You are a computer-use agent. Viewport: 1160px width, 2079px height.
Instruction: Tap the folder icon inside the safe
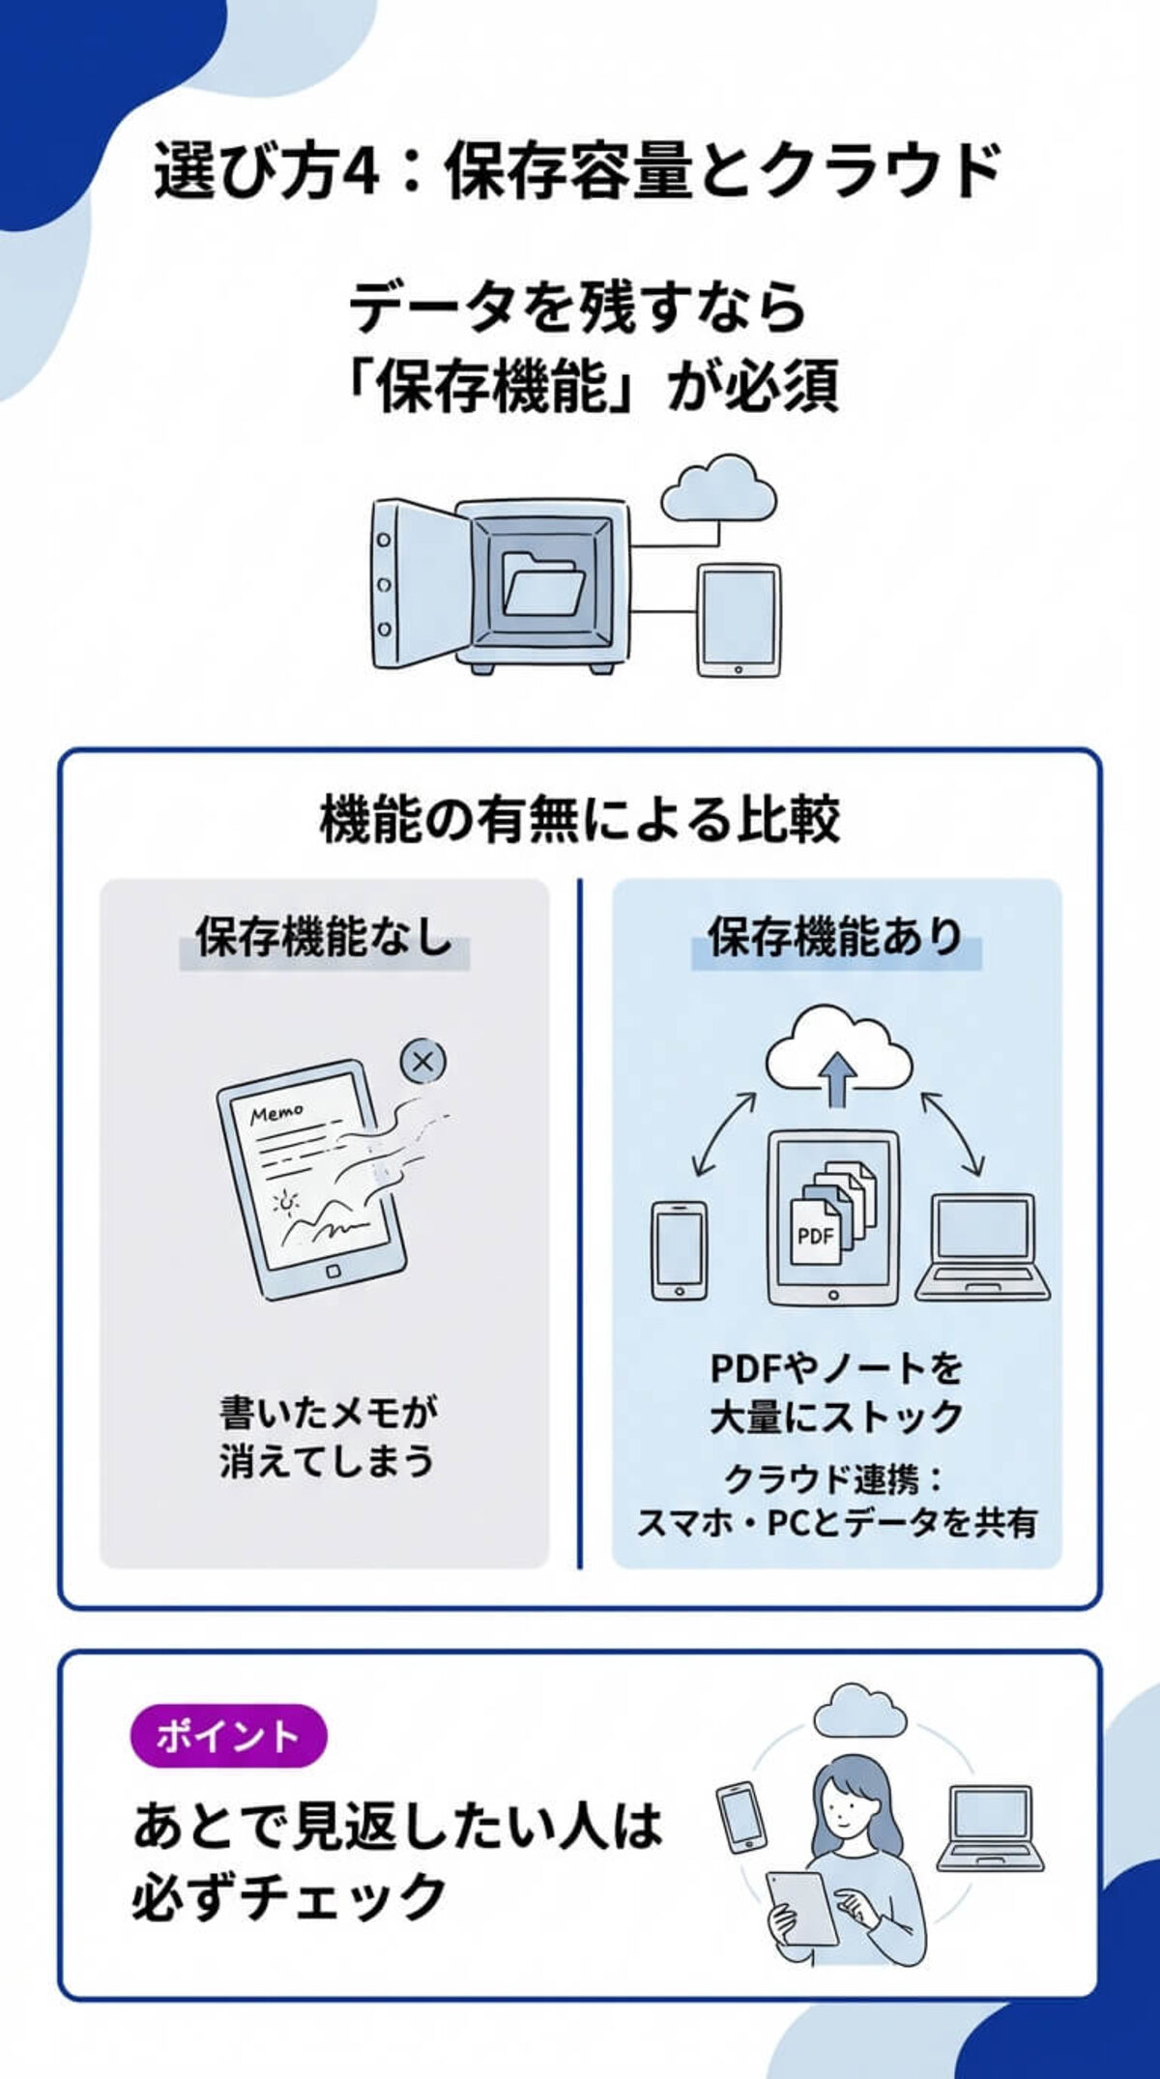[x=543, y=583]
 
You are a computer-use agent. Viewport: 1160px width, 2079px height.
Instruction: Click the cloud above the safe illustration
[x=718, y=487]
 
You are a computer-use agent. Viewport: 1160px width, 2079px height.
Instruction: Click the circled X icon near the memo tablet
[x=423, y=1062]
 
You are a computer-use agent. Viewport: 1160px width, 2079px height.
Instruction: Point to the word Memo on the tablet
[x=276, y=1114]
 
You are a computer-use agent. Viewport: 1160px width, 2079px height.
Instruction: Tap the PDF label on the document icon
[x=815, y=1235]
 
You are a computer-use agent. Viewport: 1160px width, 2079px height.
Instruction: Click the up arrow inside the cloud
[x=837, y=1077]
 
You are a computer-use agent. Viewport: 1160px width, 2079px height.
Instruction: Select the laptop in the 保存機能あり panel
[x=982, y=1247]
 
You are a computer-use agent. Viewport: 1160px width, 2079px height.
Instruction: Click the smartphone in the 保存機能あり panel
[x=679, y=1250]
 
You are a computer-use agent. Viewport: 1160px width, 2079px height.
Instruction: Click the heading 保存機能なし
[x=325, y=937]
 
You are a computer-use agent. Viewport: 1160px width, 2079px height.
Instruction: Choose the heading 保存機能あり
[x=835, y=937]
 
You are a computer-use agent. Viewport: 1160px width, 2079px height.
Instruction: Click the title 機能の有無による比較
[x=580, y=820]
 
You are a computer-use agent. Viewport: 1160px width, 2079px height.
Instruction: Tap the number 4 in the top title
[x=361, y=172]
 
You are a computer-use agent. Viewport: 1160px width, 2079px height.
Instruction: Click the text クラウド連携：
[x=833, y=1479]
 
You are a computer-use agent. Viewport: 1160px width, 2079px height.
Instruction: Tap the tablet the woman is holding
[x=802, y=1907]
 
